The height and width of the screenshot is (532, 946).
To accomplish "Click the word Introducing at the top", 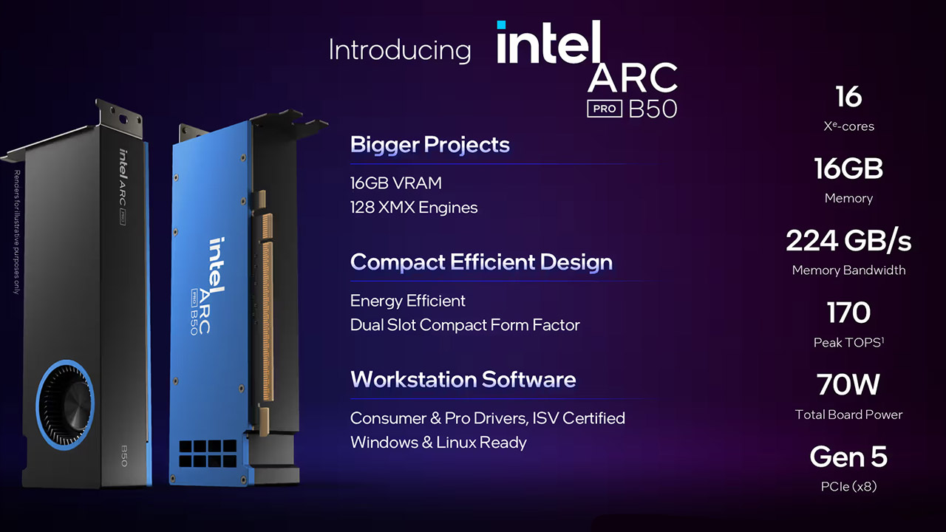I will pyautogui.click(x=399, y=50).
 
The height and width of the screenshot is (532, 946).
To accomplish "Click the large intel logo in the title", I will pyautogui.click(x=548, y=43).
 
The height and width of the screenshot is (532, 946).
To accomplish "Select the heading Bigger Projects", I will pyautogui.click(x=429, y=144).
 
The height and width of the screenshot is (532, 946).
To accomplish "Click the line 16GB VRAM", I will pyautogui.click(x=396, y=183).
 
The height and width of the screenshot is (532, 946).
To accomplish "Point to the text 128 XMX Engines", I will pyautogui.click(x=414, y=208).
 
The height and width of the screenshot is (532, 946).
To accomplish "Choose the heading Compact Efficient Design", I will pyautogui.click(x=481, y=262).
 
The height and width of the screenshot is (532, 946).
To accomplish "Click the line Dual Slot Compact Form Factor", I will pyautogui.click(x=465, y=325).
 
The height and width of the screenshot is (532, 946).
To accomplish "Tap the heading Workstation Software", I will pyautogui.click(x=463, y=380).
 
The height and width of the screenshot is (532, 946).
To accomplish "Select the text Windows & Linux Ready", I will pyautogui.click(x=438, y=443).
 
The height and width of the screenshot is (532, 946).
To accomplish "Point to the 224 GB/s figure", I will pyautogui.click(x=848, y=241).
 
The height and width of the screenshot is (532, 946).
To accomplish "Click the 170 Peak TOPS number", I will pyautogui.click(x=848, y=313).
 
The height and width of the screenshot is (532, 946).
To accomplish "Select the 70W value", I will pyautogui.click(x=848, y=385).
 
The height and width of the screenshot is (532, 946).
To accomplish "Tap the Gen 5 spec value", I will pyautogui.click(x=848, y=457).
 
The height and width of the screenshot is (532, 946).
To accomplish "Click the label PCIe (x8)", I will pyautogui.click(x=848, y=486).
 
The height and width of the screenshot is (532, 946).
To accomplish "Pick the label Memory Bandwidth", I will pyautogui.click(x=848, y=270).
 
